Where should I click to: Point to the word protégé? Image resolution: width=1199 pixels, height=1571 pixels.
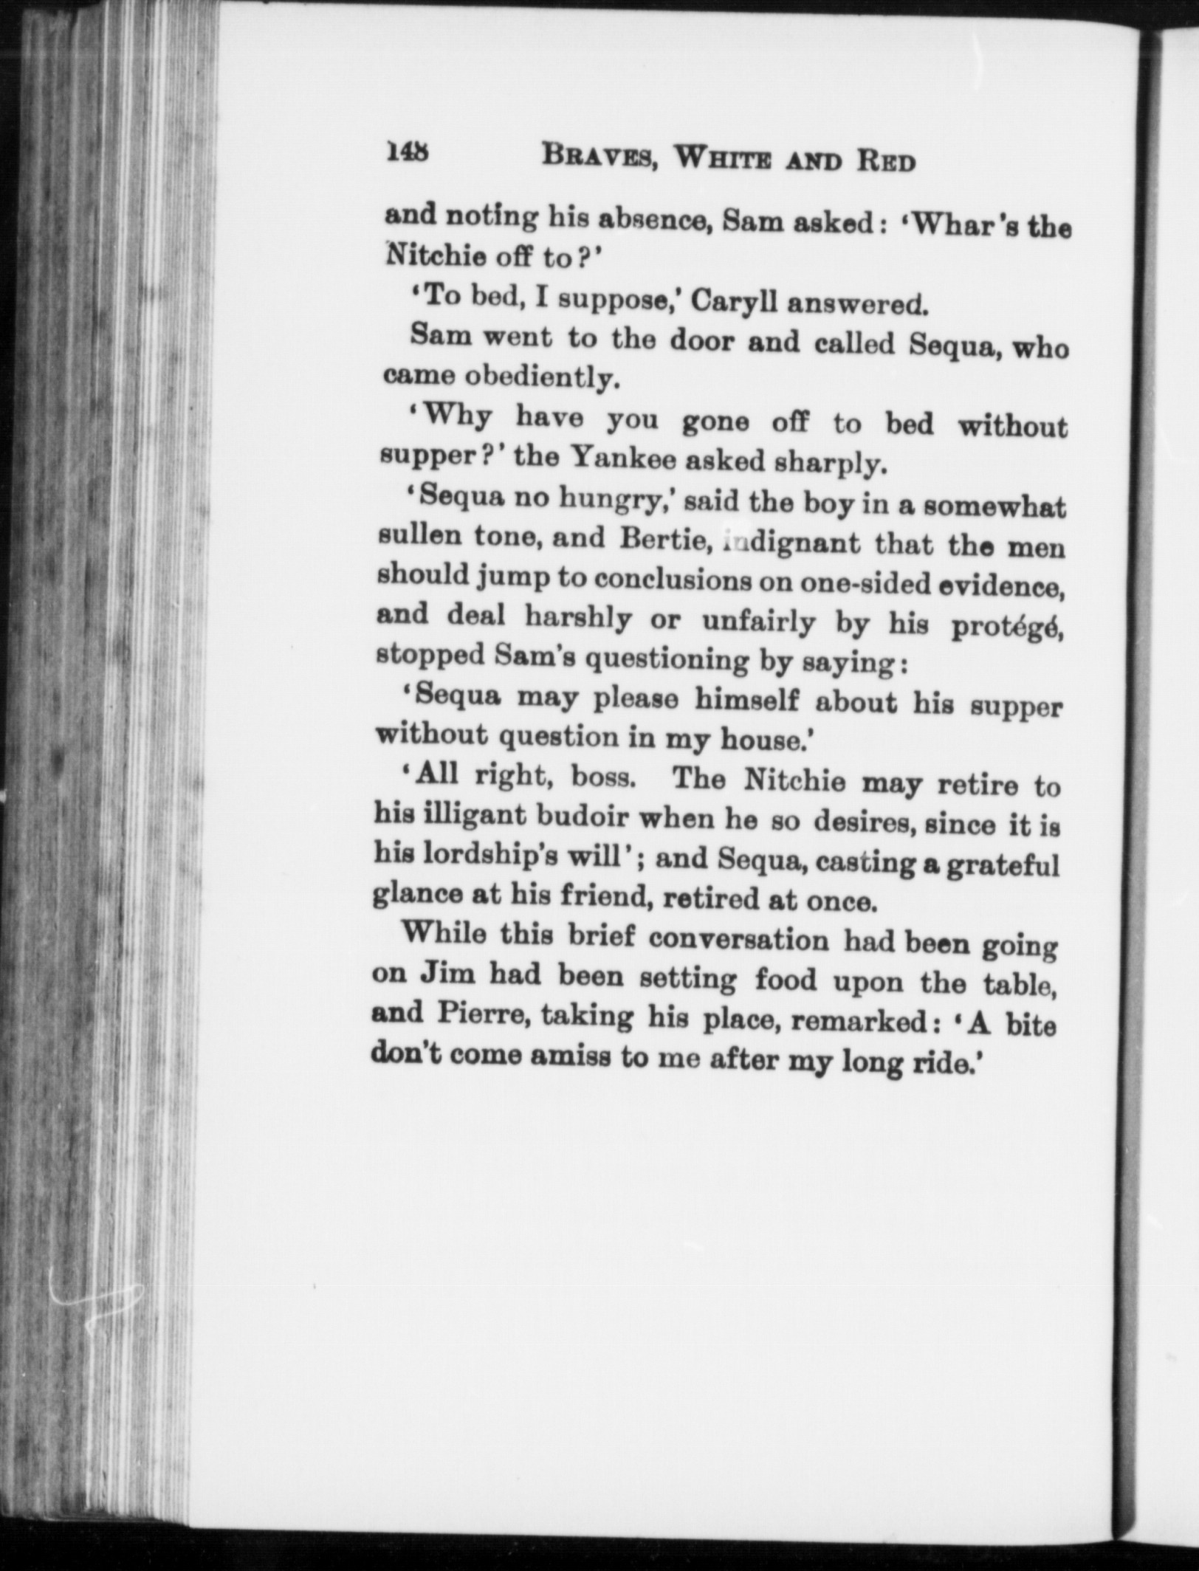coord(1007,626)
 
